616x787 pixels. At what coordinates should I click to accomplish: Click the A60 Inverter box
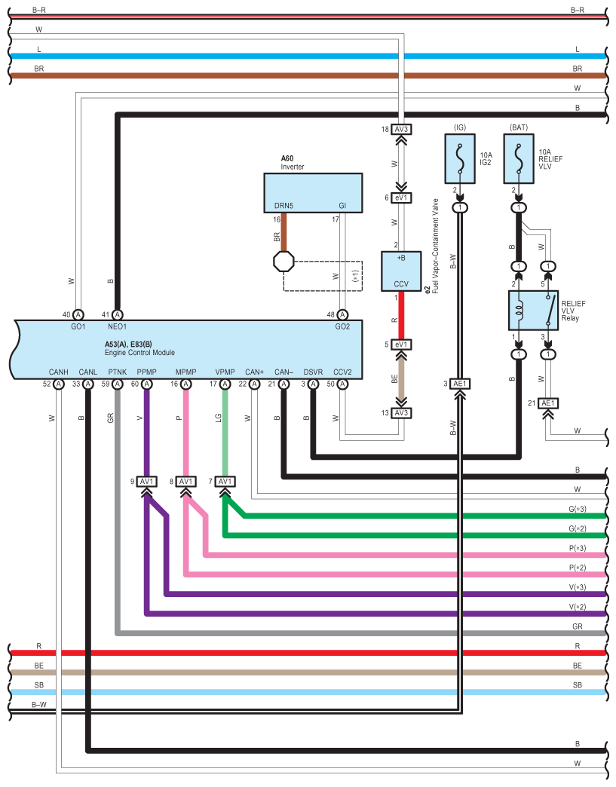coord(312,192)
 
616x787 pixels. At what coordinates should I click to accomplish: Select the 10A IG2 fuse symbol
coord(461,160)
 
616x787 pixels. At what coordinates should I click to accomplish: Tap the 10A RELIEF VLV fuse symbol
coord(519,160)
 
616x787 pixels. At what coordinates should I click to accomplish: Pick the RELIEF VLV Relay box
coord(533,311)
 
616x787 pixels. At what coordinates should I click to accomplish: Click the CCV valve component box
coord(400,271)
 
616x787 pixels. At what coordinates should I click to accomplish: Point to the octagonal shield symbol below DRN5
coord(283,261)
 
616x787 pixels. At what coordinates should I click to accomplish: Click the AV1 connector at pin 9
coord(146,482)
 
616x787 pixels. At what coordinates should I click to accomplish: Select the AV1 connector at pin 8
coord(185,482)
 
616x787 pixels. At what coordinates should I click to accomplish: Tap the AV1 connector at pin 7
coord(225,482)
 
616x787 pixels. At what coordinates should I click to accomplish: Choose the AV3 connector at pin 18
coord(400,129)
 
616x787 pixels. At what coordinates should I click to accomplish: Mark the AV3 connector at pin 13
coord(400,412)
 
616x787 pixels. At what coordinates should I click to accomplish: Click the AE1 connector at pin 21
coord(548,403)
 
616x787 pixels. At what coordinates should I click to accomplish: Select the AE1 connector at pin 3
coord(460,384)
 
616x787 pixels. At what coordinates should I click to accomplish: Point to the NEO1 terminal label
coord(118,327)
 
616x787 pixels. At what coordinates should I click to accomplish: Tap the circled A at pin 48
coord(342,314)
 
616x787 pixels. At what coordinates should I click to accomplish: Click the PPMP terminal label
coord(147,372)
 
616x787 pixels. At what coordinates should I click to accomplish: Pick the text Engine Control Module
coord(139,353)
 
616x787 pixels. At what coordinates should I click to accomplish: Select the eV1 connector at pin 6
coord(400,198)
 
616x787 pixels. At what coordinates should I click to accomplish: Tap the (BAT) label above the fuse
coord(519,127)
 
